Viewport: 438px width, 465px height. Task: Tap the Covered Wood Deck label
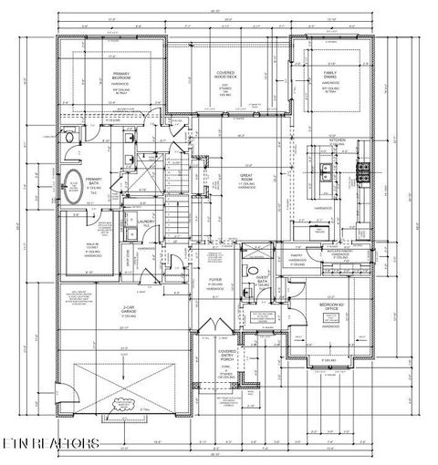(x=225, y=75)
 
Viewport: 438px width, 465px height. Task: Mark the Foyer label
(x=214, y=281)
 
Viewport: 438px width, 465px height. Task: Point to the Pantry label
(x=297, y=256)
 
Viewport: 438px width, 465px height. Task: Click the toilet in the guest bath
(x=248, y=271)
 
